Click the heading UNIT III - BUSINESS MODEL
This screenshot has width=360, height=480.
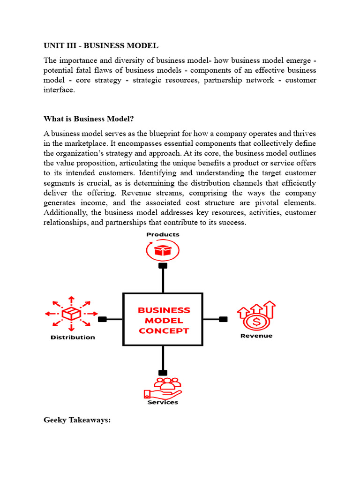(x=101, y=45)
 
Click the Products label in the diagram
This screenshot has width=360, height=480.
(x=163, y=234)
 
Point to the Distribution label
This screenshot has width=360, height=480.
(x=73, y=337)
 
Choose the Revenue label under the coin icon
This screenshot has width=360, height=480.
(x=256, y=336)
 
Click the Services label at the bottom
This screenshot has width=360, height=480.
(x=163, y=402)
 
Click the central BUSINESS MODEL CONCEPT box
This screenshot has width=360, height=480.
(x=163, y=320)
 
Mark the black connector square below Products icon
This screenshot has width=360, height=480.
(x=163, y=266)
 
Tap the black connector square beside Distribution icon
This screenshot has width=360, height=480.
(x=103, y=319)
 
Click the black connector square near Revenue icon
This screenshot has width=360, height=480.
(x=223, y=319)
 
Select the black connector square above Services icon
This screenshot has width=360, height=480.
(x=163, y=373)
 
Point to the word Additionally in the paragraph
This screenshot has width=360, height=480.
(x=64, y=212)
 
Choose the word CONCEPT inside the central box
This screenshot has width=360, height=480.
(x=164, y=330)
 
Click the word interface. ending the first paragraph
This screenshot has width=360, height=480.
(x=59, y=90)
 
